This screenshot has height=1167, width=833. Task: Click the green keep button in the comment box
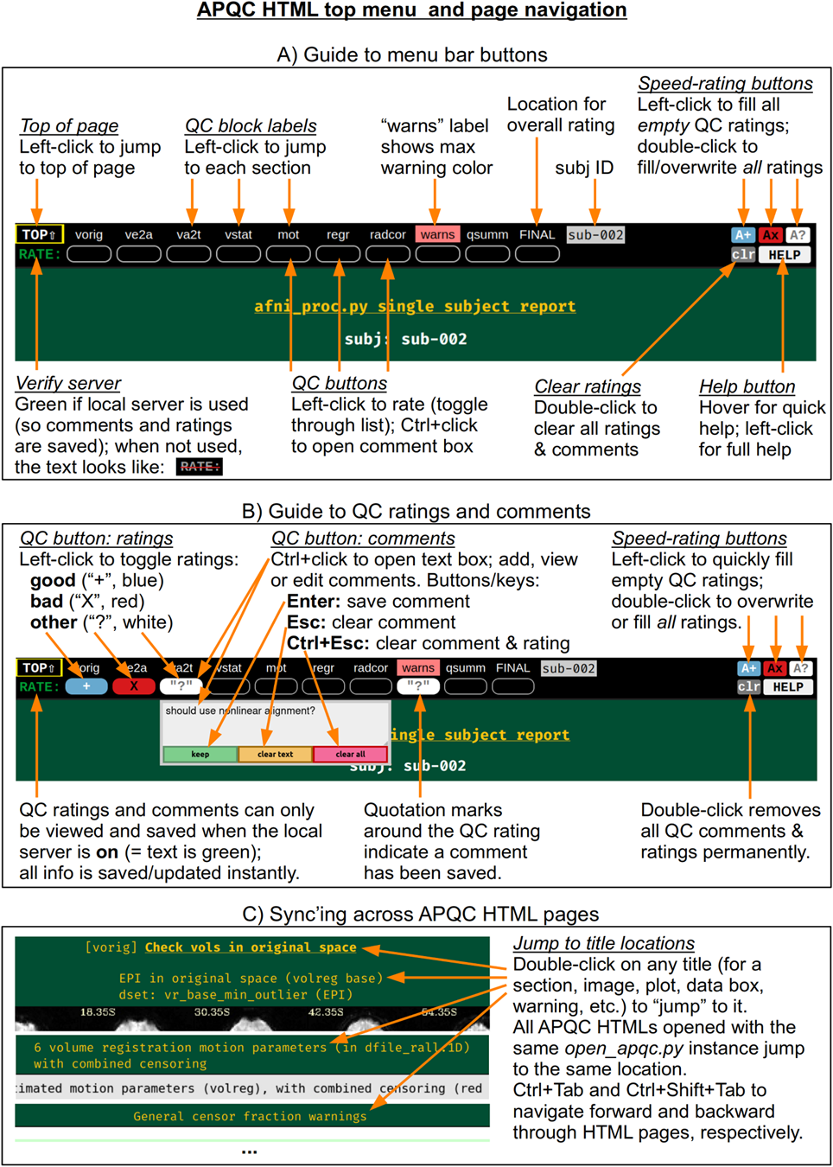pos(200,754)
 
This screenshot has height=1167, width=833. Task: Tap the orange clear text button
pos(275,754)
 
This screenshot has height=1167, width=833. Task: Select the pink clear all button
pos(350,754)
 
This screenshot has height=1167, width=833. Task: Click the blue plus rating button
pos(86,686)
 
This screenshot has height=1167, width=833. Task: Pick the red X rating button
pos(134,686)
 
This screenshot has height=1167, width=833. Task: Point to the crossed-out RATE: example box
pos(200,466)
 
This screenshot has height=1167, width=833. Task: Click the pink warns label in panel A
pos(437,234)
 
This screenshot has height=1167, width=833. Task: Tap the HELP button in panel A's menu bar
pos(784,255)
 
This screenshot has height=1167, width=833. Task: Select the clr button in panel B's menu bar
pos(748,686)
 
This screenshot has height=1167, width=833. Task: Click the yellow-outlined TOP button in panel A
pos(39,234)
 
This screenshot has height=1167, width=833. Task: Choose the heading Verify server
pos(68,383)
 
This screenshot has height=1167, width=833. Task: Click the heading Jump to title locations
pos(603,943)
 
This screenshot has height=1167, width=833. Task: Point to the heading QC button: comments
pos(363,539)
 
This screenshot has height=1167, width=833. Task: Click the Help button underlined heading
pos(747,386)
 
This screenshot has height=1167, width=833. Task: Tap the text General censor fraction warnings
pos(250,1116)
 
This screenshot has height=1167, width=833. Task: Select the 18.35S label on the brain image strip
pos(98,1011)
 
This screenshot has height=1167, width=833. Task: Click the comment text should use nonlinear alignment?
pos(240,711)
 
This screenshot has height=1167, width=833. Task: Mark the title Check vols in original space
pos(251,947)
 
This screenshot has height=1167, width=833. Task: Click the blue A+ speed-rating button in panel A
pos(743,235)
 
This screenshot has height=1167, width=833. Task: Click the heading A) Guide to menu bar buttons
pos(412,54)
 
